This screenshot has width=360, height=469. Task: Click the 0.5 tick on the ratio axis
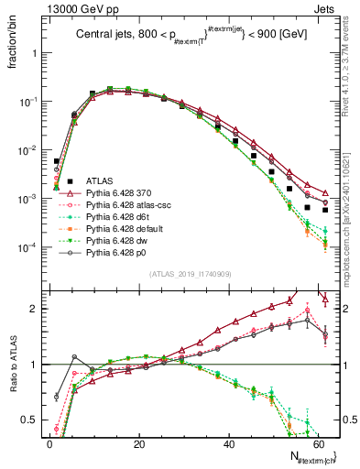[x=35, y=421]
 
